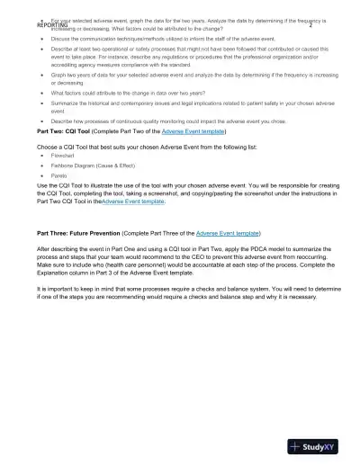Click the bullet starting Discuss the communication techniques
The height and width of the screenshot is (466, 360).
pos(153,40)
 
